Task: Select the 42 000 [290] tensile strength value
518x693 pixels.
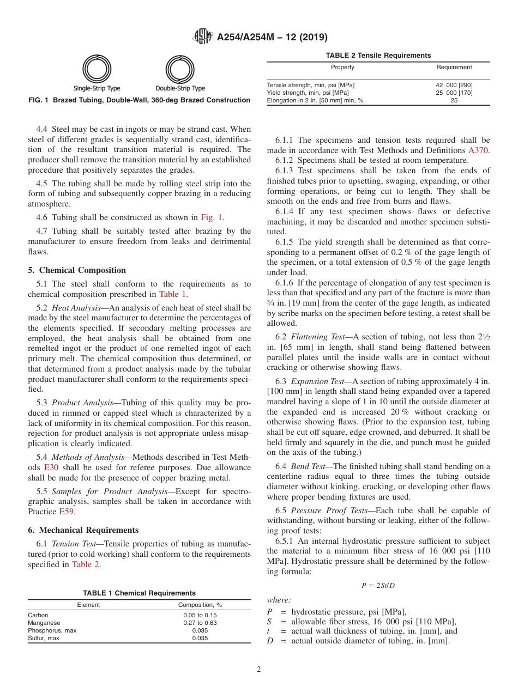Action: point(454,85)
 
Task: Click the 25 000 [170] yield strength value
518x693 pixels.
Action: point(454,93)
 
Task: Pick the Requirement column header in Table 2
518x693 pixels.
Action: point(454,67)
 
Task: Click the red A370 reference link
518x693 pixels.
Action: point(478,150)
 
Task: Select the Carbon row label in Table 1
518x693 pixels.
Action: point(38,615)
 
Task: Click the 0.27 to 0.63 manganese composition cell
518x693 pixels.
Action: point(200,623)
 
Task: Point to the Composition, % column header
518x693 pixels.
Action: point(200,605)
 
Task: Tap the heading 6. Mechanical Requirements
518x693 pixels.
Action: point(83,530)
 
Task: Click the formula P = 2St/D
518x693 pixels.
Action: point(378,585)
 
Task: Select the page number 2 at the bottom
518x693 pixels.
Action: point(259,670)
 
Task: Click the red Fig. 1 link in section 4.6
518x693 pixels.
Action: point(212,217)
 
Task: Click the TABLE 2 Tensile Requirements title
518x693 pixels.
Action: point(378,55)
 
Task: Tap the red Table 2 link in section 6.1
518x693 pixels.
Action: point(86,564)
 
